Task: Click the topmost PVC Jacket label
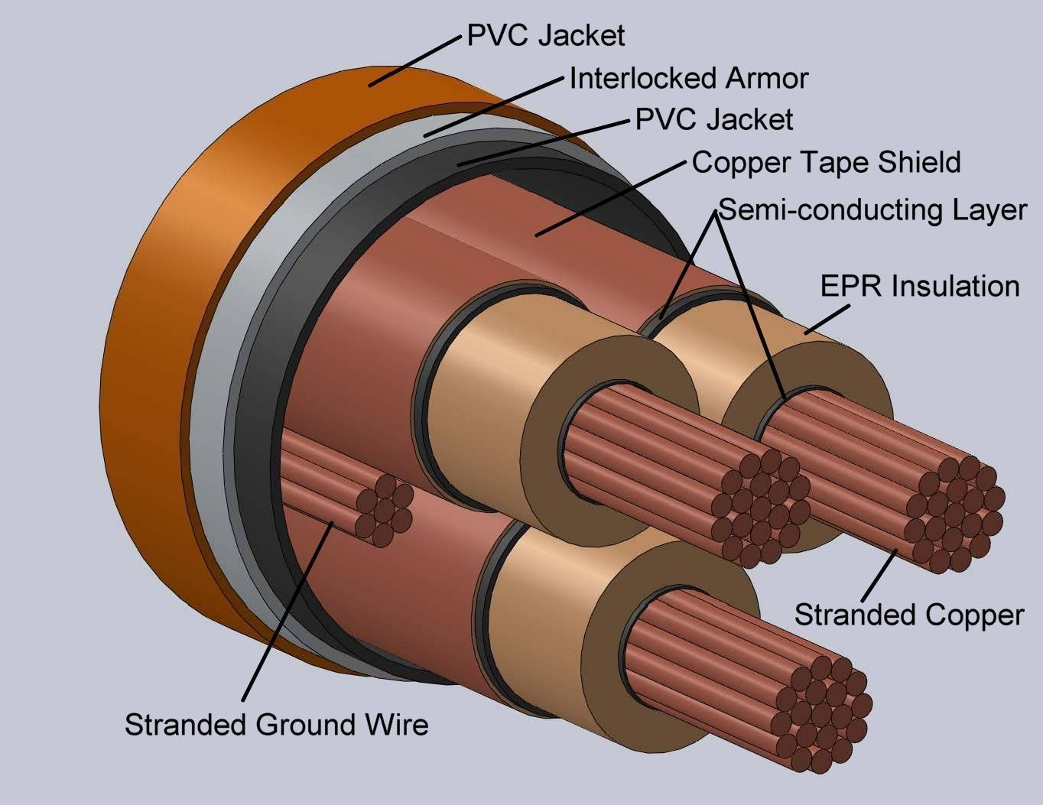(546, 35)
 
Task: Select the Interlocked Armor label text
(689, 78)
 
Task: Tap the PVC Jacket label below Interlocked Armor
(714, 119)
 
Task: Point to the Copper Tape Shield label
(826, 162)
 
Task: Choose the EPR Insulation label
(920, 286)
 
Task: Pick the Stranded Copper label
(908, 615)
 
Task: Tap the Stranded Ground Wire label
(276, 724)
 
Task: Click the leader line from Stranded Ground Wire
(287, 612)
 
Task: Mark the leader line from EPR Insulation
(827, 320)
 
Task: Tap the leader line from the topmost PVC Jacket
(418, 59)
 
